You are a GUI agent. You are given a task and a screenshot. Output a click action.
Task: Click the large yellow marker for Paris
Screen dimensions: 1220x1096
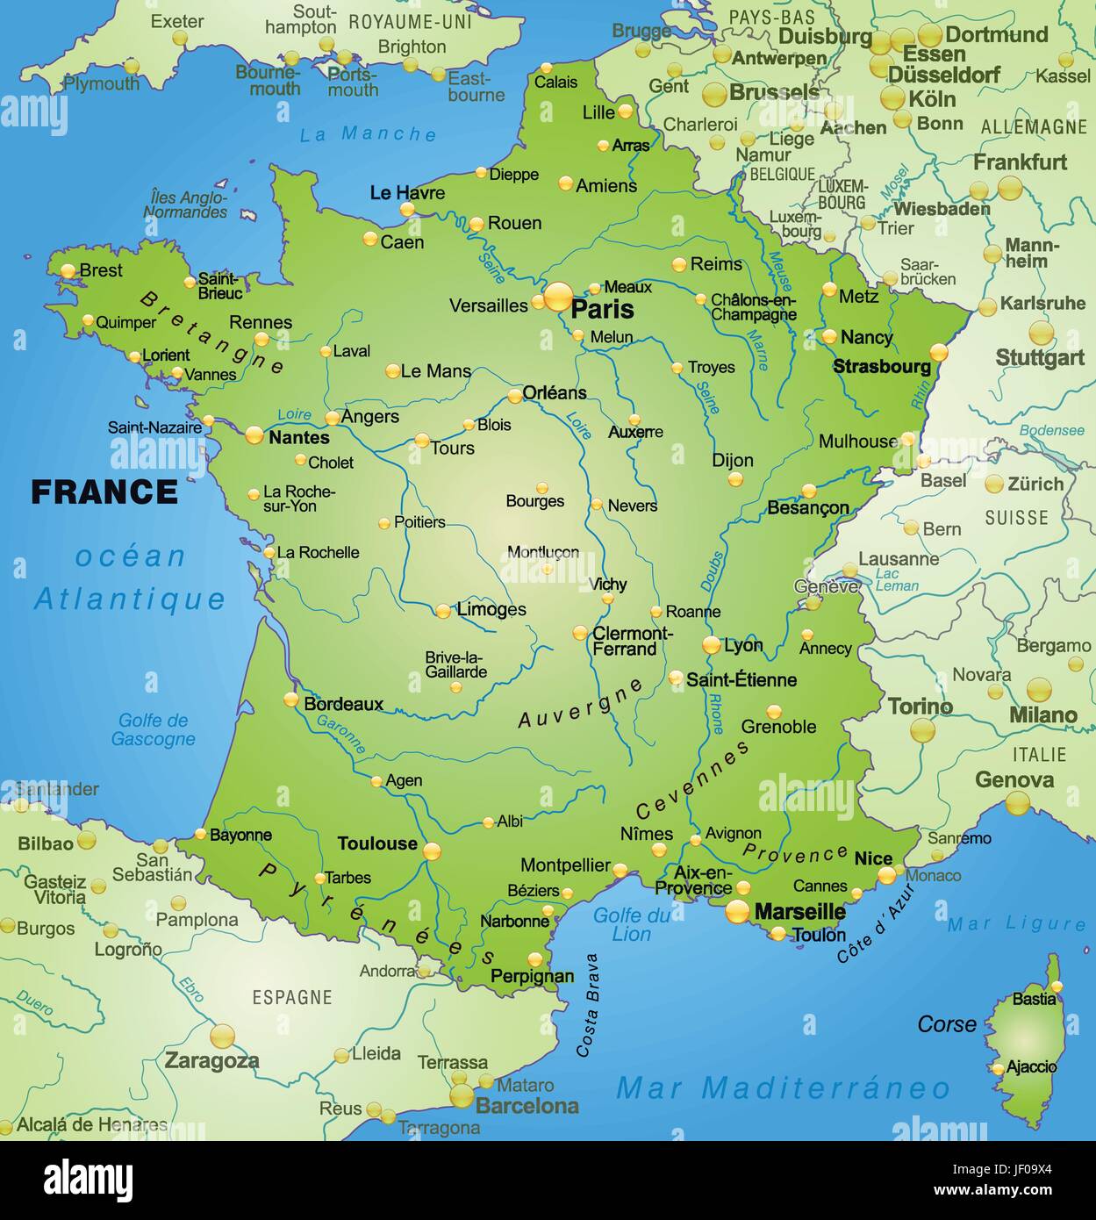click(558, 297)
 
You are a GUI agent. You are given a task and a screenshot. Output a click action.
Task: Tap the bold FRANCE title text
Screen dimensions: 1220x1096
click(104, 492)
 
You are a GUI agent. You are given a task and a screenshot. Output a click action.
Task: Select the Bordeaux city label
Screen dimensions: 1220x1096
click(343, 704)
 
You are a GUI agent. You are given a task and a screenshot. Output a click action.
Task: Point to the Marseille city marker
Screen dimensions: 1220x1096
click(737, 912)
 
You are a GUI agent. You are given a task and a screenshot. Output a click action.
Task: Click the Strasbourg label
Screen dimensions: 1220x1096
click(881, 367)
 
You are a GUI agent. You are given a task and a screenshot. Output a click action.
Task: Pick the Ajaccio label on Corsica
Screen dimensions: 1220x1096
click(1031, 1067)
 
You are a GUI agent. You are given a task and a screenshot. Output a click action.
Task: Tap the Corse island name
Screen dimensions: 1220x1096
click(946, 1024)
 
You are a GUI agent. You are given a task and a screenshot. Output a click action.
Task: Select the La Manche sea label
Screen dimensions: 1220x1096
click(368, 134)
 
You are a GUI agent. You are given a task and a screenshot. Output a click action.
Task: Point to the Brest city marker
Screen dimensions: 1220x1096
click(68, 271)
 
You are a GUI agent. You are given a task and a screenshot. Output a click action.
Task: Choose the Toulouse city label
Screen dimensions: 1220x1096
click(377, 843)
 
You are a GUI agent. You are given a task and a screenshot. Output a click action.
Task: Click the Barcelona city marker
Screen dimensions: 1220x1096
click(462, 1096)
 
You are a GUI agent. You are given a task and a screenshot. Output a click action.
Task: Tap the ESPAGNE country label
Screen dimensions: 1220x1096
click(291, 998)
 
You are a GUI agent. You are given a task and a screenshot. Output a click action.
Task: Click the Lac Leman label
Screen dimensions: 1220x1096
click(897, 580)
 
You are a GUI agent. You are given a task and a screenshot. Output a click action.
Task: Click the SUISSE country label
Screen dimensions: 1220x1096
click(1015, 518)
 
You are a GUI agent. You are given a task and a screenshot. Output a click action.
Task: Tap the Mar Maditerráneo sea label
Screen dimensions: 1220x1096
click(783, 1088)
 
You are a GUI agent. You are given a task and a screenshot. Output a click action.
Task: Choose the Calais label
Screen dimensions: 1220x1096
click(555, 83)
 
